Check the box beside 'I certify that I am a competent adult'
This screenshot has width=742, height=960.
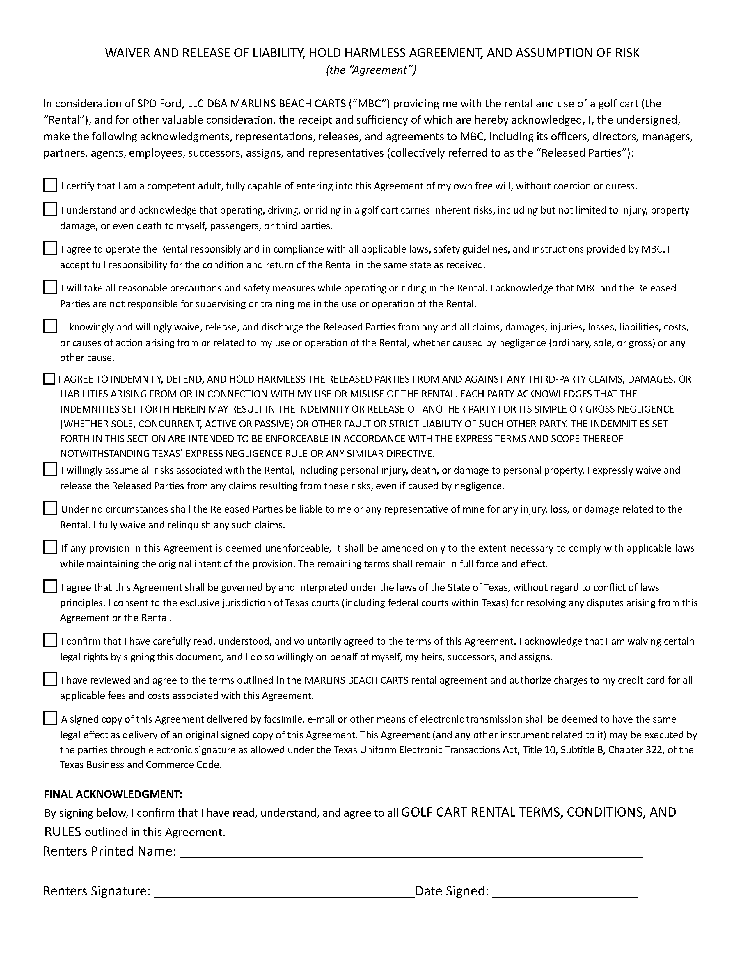pos(50,185)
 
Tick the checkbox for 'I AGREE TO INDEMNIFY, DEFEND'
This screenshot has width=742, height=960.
pos(49,378)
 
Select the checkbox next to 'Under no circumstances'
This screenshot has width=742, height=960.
pos(50,509)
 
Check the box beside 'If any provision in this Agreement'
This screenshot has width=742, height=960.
pos(50,548)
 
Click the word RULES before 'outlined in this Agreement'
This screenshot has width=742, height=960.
pos(63,832)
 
